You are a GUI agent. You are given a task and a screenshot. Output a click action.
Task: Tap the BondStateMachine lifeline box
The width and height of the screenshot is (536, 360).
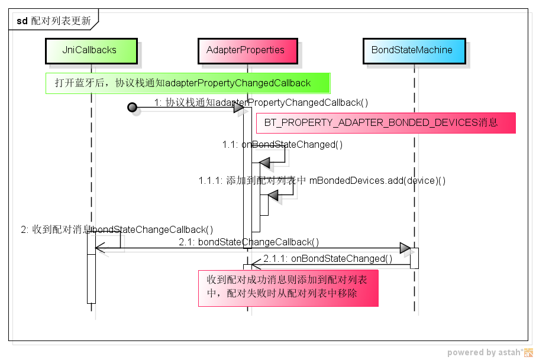(412, 50)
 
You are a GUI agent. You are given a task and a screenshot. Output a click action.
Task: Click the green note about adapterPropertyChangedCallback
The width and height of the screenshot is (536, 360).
(187, 83)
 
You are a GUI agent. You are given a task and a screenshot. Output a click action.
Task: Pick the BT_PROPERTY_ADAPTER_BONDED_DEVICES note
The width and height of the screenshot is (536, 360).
(385, 123)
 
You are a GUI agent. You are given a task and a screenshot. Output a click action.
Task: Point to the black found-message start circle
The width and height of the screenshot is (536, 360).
(132, 107)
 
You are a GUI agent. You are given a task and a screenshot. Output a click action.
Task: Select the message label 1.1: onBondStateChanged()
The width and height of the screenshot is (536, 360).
(282, 144)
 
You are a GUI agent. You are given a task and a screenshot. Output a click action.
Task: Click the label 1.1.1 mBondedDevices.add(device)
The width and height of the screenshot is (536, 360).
(322, 180)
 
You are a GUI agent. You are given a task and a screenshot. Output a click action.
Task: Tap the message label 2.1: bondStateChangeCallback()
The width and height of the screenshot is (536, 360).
(249, 242)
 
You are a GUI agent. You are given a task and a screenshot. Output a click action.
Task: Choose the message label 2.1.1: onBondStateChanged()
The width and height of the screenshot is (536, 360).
(328, 258)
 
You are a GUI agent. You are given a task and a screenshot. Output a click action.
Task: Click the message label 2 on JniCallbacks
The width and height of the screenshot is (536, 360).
(117, 229)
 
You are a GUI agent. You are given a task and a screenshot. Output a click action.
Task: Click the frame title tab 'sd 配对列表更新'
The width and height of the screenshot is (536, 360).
(53, 21)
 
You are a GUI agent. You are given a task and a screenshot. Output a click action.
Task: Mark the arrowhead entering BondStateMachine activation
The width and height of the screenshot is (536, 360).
(405, 248)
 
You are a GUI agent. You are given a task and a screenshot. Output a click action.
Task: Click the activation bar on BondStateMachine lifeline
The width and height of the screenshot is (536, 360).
(414, 258)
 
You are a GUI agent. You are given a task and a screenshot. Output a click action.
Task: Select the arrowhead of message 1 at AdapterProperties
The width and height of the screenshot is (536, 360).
(238, 107)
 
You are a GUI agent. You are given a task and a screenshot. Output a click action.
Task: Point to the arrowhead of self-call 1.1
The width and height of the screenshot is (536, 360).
(264, 162)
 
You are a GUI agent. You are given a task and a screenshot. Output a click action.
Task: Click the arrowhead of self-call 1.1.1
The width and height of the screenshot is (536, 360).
(273, 195)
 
